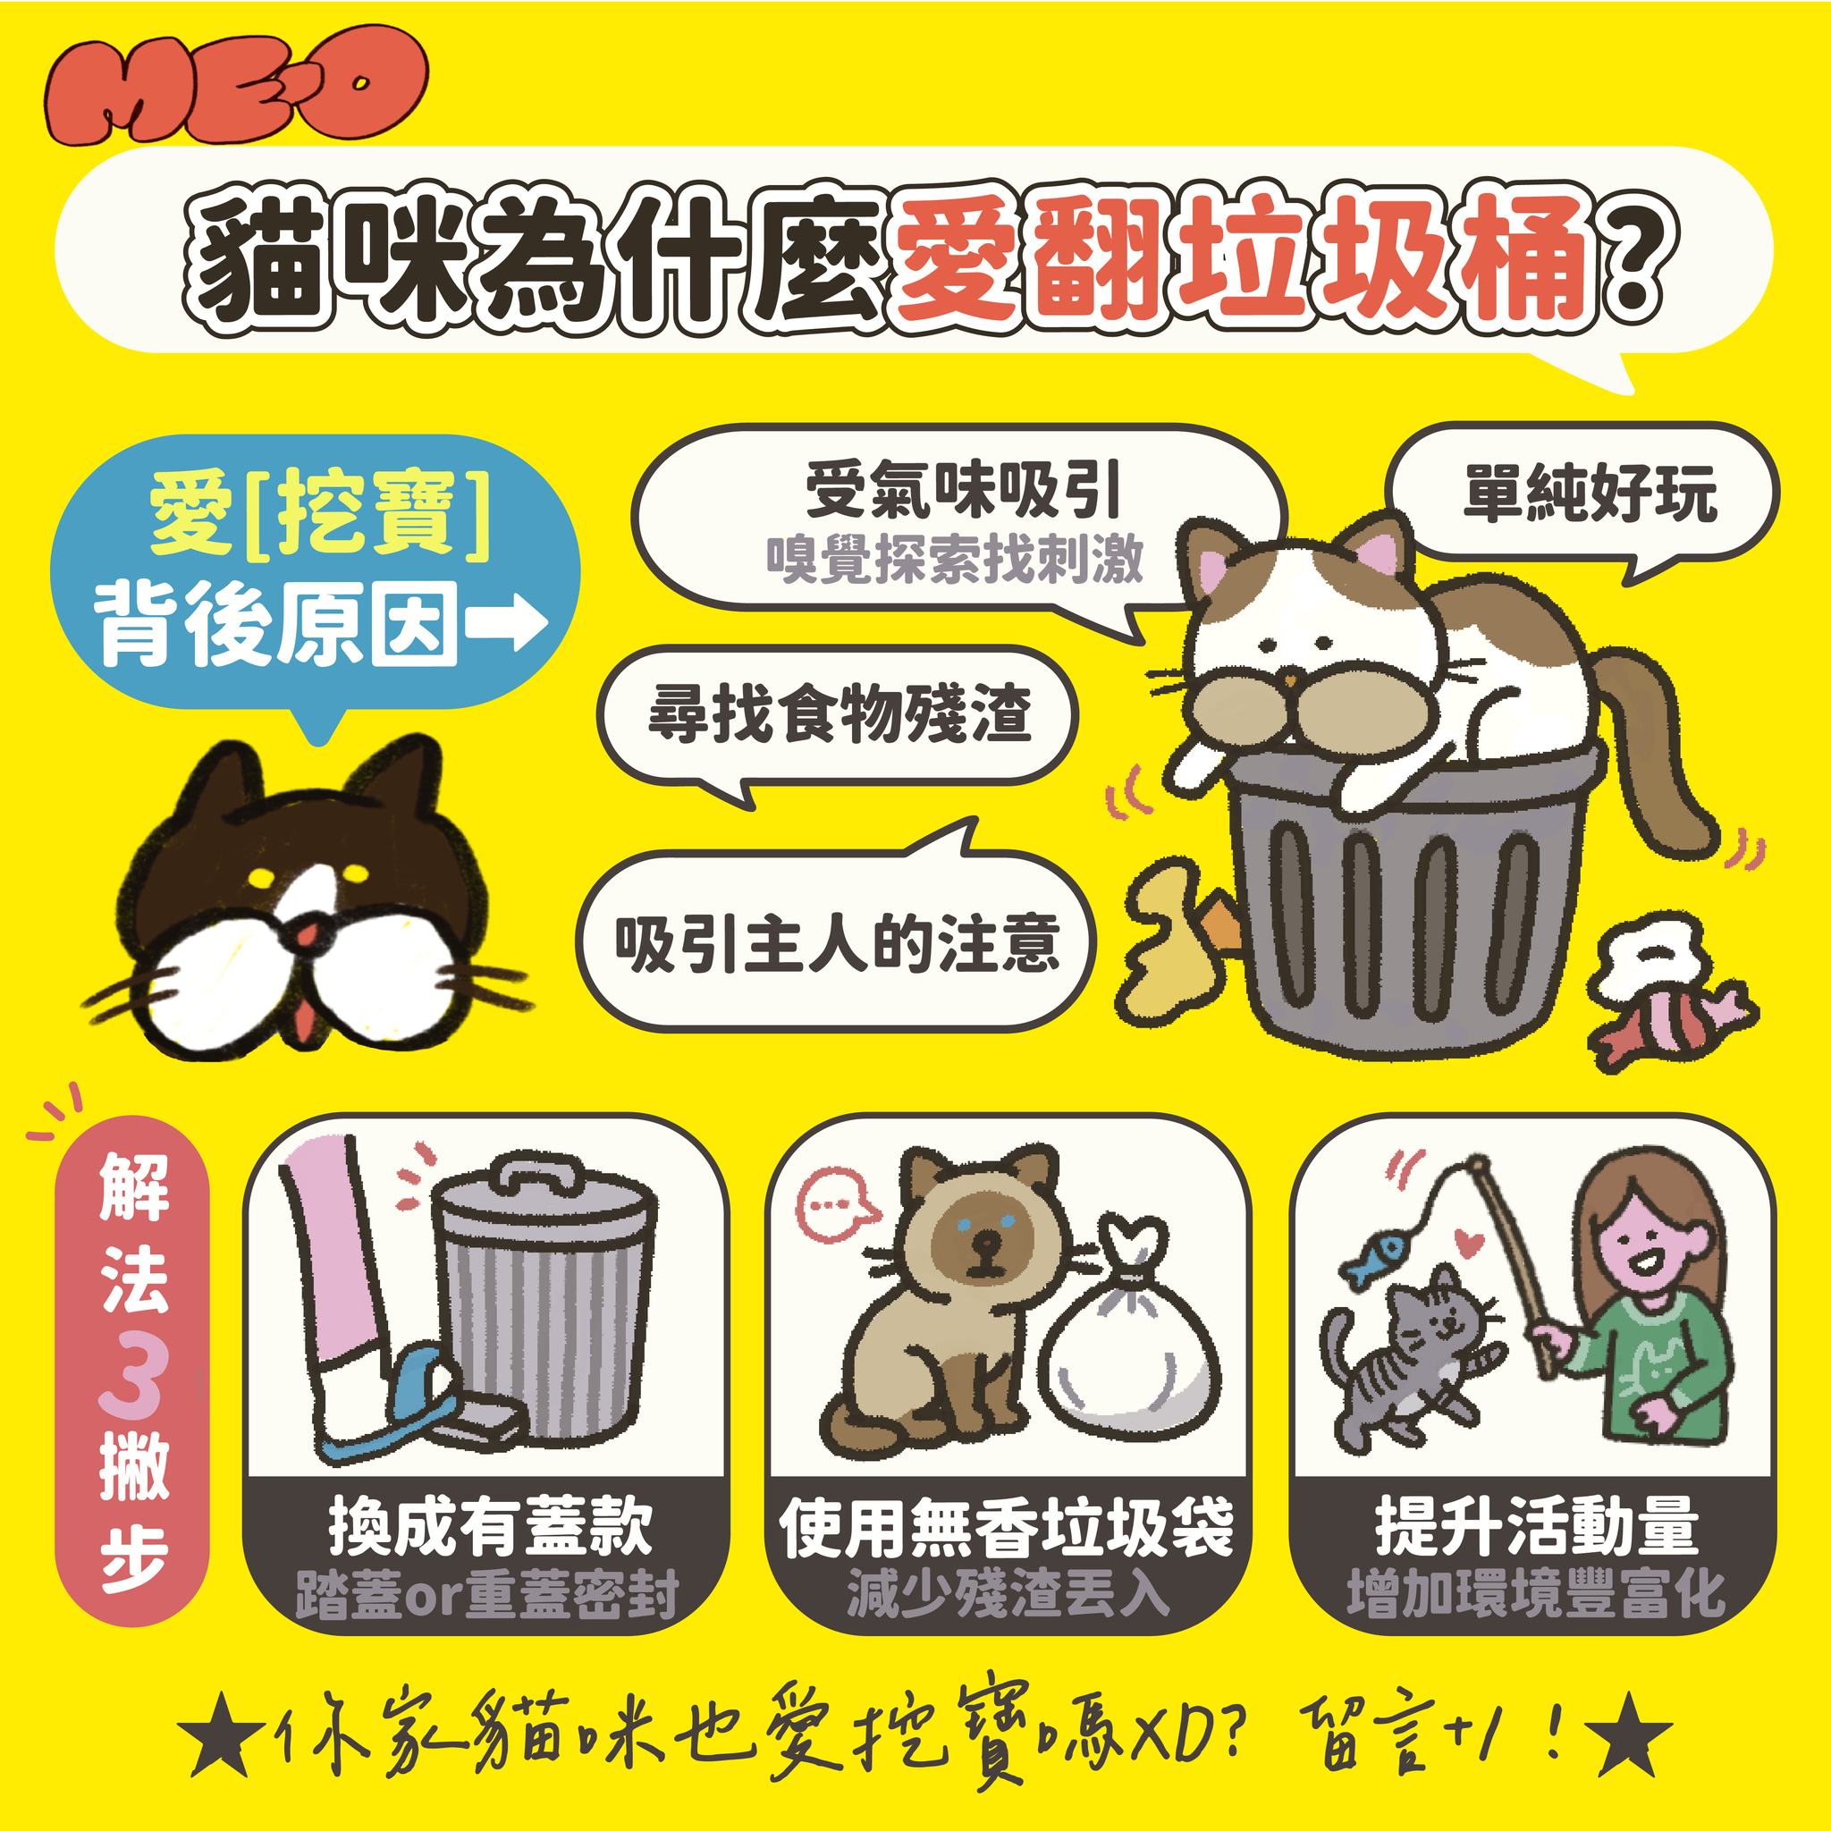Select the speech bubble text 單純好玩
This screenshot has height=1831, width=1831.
[x=1590, y=492]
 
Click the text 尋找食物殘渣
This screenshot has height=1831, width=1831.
[x=839, y=713]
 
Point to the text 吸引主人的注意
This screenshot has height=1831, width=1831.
[x=836, y=942]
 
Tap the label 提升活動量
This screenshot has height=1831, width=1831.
[x=1536, y=1525]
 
